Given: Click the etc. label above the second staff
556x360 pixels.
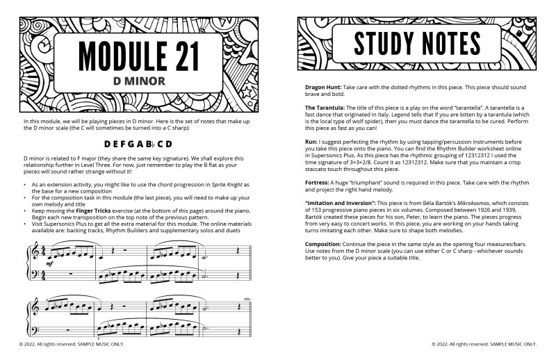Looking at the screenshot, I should (247, 299).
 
